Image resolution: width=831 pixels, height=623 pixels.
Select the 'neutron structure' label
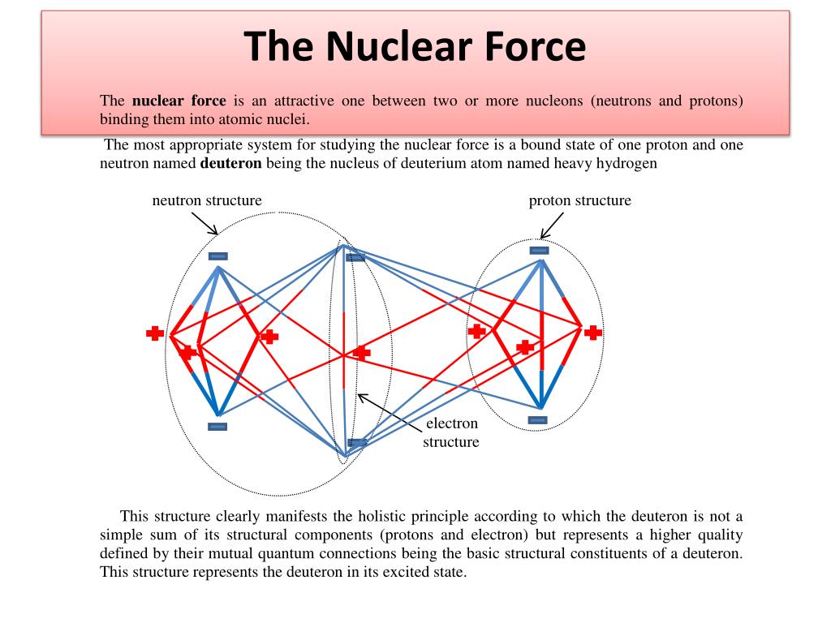(x=207, y=200)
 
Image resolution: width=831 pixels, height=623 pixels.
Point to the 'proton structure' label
(x=579, y=200)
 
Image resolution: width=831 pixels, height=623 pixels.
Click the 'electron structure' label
(x=452, y=432)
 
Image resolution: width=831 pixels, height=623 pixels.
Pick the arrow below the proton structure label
(x=553, y=226)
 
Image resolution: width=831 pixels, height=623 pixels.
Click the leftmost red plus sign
(x=155, y=333)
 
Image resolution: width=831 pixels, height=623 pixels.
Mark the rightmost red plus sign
(x=594, y=333)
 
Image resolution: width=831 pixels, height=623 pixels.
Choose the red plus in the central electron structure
(x=362, y=353)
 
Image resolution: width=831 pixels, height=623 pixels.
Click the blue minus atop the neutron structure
(x=217, y=256)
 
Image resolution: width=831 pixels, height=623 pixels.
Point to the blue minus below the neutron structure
(x=217, y=427)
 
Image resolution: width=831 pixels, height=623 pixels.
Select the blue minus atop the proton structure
(x=539, y=251)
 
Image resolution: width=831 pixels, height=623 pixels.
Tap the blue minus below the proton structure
(x=538, y=419)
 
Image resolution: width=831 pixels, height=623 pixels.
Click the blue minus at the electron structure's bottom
(x=356, y=443)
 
